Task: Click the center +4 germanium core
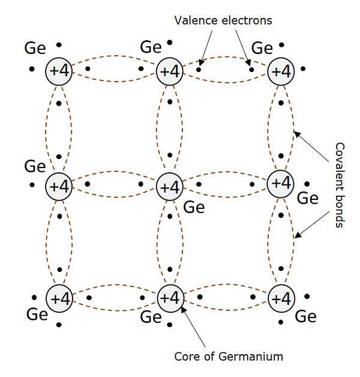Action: (x=170, y=186)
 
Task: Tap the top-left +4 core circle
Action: (x=59, y=71)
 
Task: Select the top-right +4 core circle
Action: (x=280, y=71)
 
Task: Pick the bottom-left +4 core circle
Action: (x=59, y=298)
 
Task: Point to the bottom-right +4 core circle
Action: (x=280, y=298)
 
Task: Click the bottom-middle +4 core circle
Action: (x=170, y=298)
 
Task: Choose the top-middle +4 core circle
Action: (x=170, y=71)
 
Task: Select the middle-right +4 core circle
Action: (x=280, y=182)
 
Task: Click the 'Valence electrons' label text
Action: (x=223, y=20)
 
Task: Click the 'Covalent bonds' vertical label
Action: (x=339, y=184)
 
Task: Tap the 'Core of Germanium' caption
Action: (x=228, y=356)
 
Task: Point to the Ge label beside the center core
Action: (x=194, y=208)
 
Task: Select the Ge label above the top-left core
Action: (x=34, y=47)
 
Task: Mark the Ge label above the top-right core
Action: (x=262, y=47)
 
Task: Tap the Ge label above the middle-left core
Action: (x=35, y=165)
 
